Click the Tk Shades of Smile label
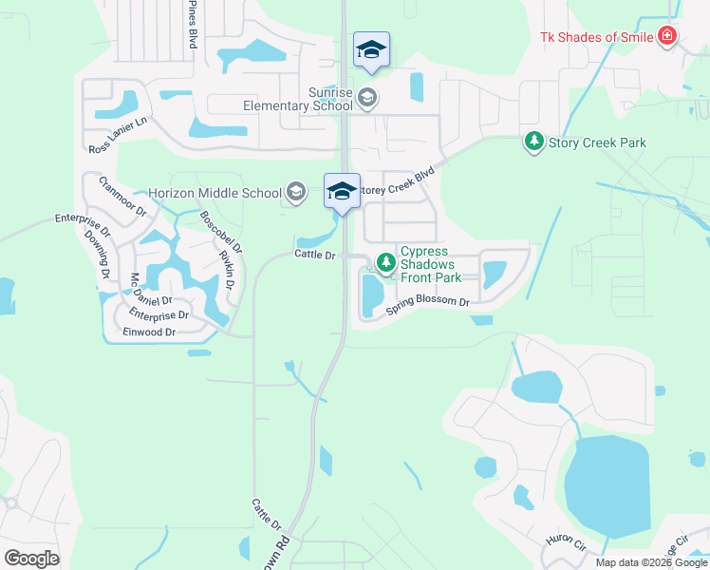(596, 37)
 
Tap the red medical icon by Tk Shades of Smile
(667, 36)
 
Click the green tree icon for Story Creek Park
(534, 142)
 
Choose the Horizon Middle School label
(215, 193)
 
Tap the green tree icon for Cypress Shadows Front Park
(385, 262)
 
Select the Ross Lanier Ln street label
(119, 135)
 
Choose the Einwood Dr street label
(149, 332)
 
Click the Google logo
(31, 559)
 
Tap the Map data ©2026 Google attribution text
(650, 562)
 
